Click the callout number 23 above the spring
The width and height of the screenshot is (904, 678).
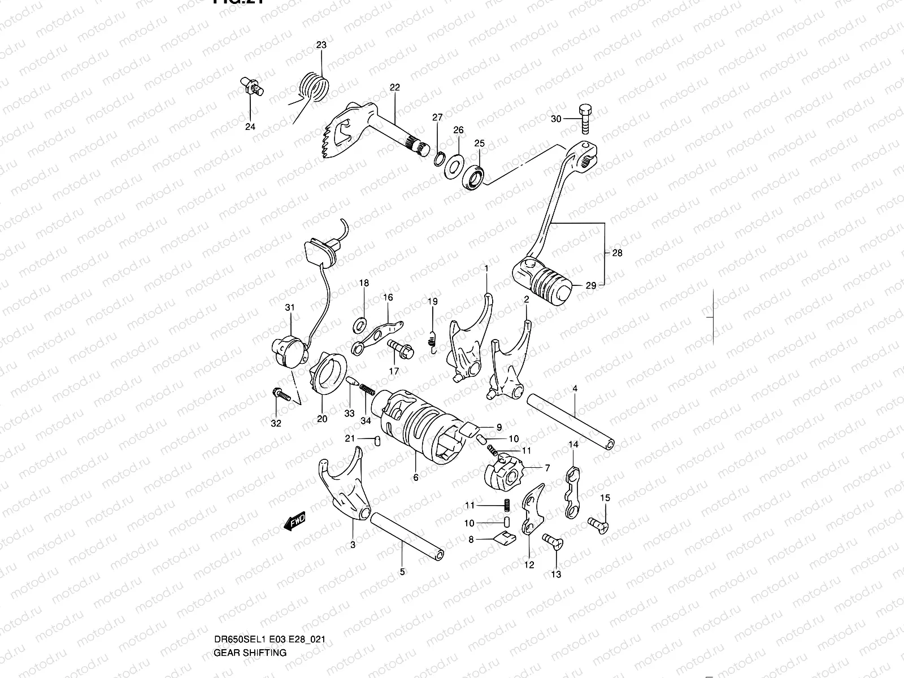click(x=321, y=45)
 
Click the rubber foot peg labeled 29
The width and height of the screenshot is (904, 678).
click(x=546, y=279)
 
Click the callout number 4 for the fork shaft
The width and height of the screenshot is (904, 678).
click(x=575, y=389)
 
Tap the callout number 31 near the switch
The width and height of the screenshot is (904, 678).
click(x=290, y=308)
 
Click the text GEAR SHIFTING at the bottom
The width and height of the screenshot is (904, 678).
click(x=250, y=605)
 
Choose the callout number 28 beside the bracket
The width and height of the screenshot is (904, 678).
click(x=617, y=253)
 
